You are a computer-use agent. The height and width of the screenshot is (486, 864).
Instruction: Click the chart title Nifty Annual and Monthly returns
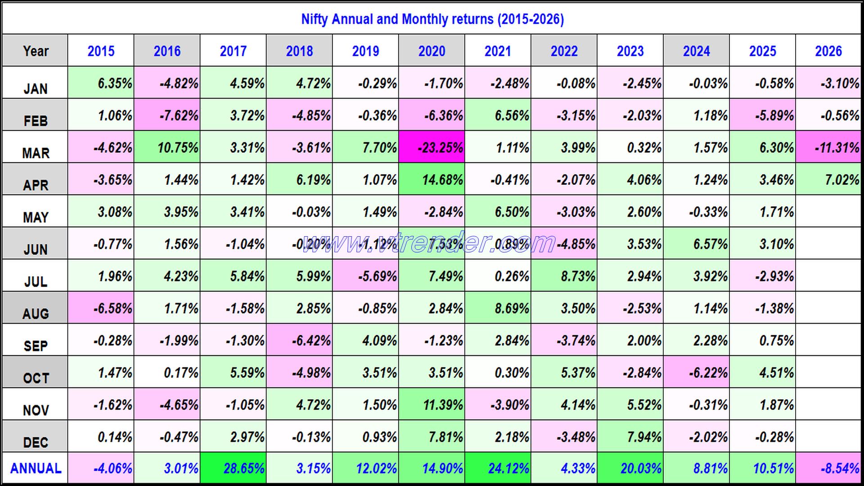pyautogui.click(x=432, y=19)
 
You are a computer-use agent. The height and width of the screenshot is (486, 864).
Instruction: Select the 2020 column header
pyautogui.click(x=432, y=51)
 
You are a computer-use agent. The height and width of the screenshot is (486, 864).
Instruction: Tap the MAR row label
pyautogui.click(x=36, y=153)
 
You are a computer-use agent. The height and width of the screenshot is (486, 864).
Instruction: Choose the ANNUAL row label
pyautogui.click(x=36, y=468)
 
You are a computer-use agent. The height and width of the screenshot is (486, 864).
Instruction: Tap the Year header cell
pyautogui.click(x=36, y=51)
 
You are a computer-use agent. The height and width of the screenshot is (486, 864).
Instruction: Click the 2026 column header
pyautogui.click(x=828, y=51)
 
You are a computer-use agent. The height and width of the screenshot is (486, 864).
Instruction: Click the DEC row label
pyautogui.click(x=36, y=442)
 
